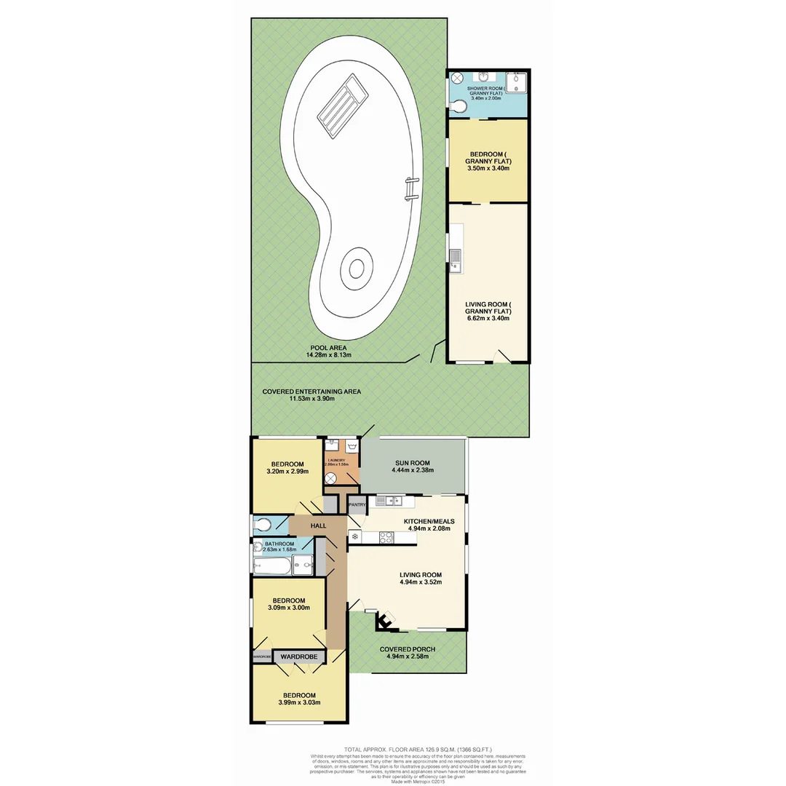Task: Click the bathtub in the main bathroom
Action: click(x=271, y=564)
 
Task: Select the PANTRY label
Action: click(x=357, y=504)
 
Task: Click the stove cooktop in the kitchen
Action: click(x=386, y=538)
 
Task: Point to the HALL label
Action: click(x=319, y=525)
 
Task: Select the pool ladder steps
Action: click(x=412, y=188)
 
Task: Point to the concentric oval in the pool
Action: click(x=357, y=269)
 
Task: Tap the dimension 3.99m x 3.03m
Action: click(x=298, y=704)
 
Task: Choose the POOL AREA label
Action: click(x=329, y=346)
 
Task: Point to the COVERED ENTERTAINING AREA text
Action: click(x=311, y=392)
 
